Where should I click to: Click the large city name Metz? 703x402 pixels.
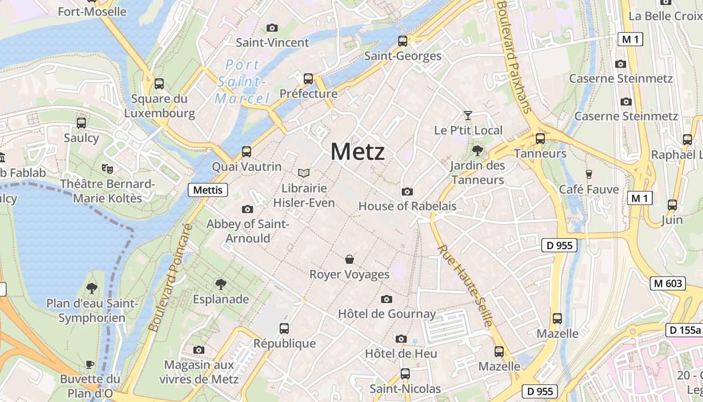(358, 151)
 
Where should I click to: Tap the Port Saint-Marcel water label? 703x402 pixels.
(242, 81)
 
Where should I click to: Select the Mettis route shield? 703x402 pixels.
(208, 190)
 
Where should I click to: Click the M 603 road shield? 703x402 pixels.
(668, 283)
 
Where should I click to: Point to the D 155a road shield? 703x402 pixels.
(684, 330)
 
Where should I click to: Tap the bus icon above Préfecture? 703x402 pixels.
(308, 79)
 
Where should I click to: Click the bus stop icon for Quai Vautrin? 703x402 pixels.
(247, 151)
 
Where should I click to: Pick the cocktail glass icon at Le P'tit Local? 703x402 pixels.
(468, 116)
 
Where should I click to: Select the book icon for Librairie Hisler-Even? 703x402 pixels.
(304, 173)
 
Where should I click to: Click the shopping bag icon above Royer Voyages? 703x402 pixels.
(349, 259)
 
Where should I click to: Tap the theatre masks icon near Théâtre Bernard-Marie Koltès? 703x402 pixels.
(107, 168)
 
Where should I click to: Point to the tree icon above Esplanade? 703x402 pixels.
(220, 284)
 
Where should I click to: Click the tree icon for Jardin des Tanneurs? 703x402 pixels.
(477, 150)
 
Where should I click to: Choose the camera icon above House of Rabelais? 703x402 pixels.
(407, 191)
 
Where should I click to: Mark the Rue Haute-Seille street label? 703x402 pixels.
(465, 286)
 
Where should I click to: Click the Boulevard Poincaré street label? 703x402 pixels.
(171, 278)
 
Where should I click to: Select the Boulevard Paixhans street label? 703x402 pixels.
(514, 55)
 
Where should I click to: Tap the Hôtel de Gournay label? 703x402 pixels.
(387, 314)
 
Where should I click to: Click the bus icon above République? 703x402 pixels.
(284, 329)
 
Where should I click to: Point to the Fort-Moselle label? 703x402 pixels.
(92, 11)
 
